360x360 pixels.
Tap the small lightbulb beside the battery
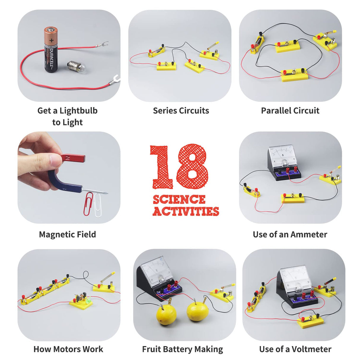coord(76,67)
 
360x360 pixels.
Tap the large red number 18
coord(179,167)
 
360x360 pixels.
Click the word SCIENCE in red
coord(179,200)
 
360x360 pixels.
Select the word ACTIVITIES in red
coord(186,211)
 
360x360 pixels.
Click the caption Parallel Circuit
coord(290,111)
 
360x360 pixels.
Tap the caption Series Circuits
coord(181,111)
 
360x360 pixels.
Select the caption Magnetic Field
coord(67,234)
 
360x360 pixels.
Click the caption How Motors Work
coord(68,349)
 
